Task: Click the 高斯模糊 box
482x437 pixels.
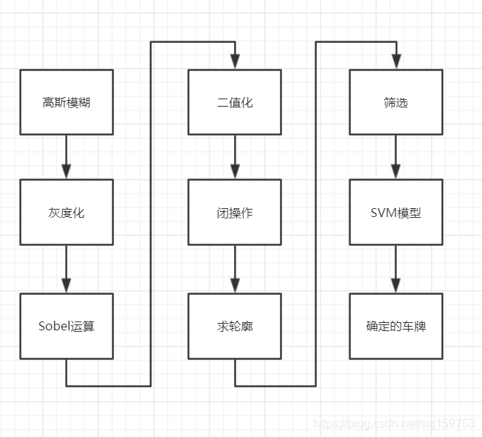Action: pos(67,102)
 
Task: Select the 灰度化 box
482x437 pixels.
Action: pos(67,213)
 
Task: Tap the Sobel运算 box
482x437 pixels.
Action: pos(67,326)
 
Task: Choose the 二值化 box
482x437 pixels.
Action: pos(235,102)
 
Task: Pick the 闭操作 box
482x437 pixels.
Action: pos(235,213)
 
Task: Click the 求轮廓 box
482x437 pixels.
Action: pos(235,326)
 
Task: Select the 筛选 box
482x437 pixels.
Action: pos(396,102)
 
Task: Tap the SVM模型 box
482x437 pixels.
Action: pos(396,213)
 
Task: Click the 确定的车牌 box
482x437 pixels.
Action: pos(396,326)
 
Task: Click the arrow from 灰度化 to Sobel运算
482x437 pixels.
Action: pos(67,269)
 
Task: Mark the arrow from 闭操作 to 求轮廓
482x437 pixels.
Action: pos(235,269)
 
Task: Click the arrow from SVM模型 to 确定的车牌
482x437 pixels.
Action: pos(396,269)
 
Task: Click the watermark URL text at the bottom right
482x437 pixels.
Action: pos(394,424)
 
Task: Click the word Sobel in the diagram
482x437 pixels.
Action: pos(54,326)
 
